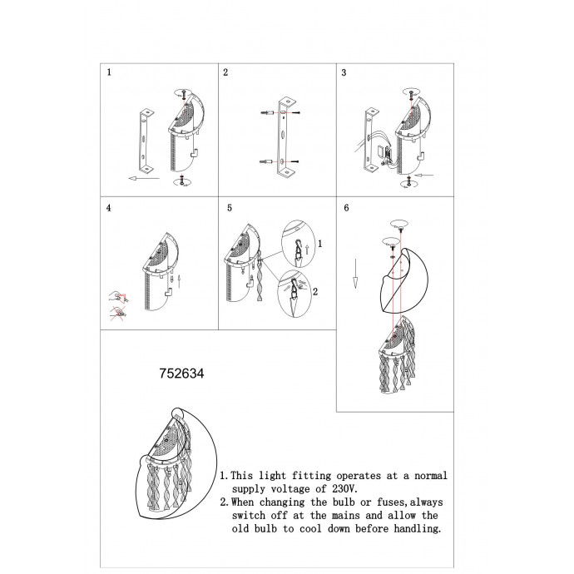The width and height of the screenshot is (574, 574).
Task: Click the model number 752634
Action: (181, 374)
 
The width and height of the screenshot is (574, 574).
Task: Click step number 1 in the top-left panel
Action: (109, 72)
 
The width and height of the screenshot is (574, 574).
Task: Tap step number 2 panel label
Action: (225, 72)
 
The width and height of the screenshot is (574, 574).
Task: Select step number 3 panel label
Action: (344, 72)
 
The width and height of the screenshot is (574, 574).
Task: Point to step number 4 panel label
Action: (109, 208)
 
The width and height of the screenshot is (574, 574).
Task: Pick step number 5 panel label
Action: (230, 208)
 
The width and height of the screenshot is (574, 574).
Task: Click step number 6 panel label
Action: (346, 208)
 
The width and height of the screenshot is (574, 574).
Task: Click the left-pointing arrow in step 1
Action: (144, 179)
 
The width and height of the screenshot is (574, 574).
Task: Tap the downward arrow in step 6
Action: (355, 274)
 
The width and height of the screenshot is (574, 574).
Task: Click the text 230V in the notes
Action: (345, 488)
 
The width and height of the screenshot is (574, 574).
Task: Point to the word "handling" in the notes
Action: (417, 528)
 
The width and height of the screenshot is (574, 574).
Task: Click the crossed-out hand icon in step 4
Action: (118, 314)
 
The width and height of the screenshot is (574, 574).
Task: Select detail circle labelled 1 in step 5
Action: (299, 244)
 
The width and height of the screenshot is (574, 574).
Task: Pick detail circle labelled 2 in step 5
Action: (295, 294)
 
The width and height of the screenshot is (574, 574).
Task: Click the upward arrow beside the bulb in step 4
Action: (179, 281)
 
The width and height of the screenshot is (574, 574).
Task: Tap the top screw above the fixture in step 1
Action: (184, 96)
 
